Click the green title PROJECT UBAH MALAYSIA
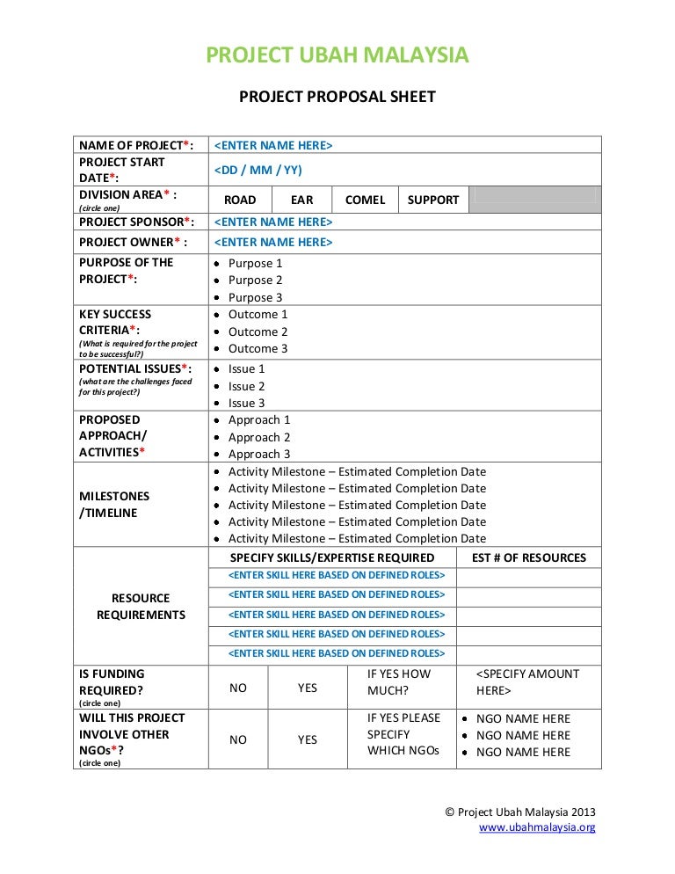(337, 55)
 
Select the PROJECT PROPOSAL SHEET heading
(337, 97)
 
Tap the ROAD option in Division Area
(240, 200)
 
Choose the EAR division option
(302, 200)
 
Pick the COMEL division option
(365, 200)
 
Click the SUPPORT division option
(433, 200)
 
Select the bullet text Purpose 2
(256, 280)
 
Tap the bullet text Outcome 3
(258, 348)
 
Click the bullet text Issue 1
(246, 368)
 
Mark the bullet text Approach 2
(259, 437)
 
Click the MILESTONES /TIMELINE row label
(114, 505)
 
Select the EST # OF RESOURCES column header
(528, 557)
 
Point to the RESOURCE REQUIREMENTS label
(141, 607)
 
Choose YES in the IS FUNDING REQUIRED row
(308, 688)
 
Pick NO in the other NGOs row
(238, 739)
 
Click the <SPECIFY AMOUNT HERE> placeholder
(527, 682)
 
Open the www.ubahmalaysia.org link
(537, 827)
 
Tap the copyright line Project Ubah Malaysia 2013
(520, 812)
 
